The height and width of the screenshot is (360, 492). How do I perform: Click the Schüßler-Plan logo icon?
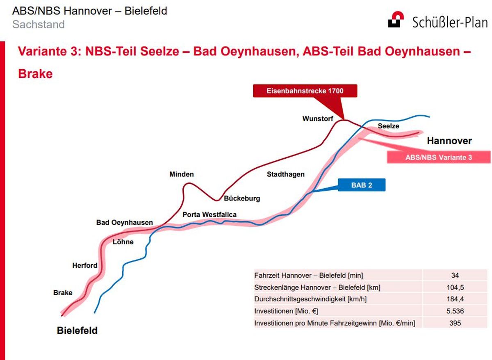[x=396, y=19]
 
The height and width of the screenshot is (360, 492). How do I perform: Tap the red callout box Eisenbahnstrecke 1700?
[x=305, y=91]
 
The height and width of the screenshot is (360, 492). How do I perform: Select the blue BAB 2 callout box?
[x=362, y=185]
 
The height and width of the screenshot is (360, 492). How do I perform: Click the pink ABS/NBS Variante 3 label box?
[x=439, y=157]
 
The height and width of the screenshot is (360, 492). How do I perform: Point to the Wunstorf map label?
[x=318, y=118]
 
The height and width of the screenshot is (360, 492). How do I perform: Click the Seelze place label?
[x=388, y=126]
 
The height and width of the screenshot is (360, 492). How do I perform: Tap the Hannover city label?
[x=449, y=141]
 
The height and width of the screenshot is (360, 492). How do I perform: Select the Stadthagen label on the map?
[x=285, y=174]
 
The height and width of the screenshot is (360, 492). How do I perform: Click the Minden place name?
[x=181, y=174]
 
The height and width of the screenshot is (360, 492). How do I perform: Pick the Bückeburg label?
[x=242, y=198]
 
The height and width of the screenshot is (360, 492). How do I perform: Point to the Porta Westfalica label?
[x=210, y=214]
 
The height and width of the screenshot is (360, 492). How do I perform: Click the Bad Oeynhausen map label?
[x=124, y=222]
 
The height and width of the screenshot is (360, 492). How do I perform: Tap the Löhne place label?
[x=123, y=242]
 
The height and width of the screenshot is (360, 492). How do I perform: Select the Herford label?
[x=84, y=265]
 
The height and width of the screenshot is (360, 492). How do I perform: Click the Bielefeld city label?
[x=77, y=330]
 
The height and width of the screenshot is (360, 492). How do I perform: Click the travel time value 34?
[x=455, y=275]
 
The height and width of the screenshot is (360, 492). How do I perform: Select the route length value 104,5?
[x=455, y=287]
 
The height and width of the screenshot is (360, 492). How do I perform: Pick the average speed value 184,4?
[x=455, y=299]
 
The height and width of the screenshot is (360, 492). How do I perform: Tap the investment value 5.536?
[x=455, y=311]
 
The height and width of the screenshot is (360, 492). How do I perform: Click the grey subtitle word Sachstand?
[x=39, y=24]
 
